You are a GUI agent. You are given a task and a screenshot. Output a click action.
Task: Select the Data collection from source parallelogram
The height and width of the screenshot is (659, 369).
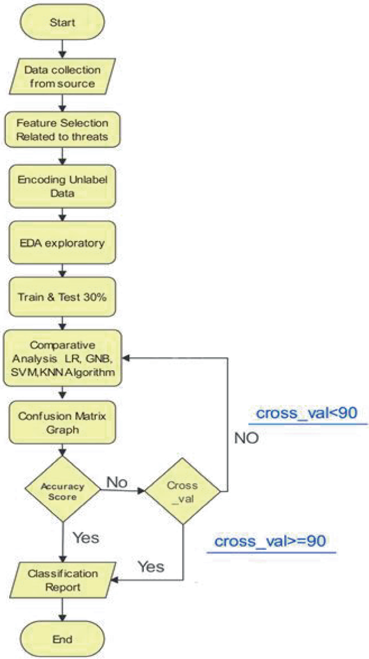point(64,77)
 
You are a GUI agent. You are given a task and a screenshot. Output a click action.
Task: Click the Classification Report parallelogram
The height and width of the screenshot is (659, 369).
point(64,580)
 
